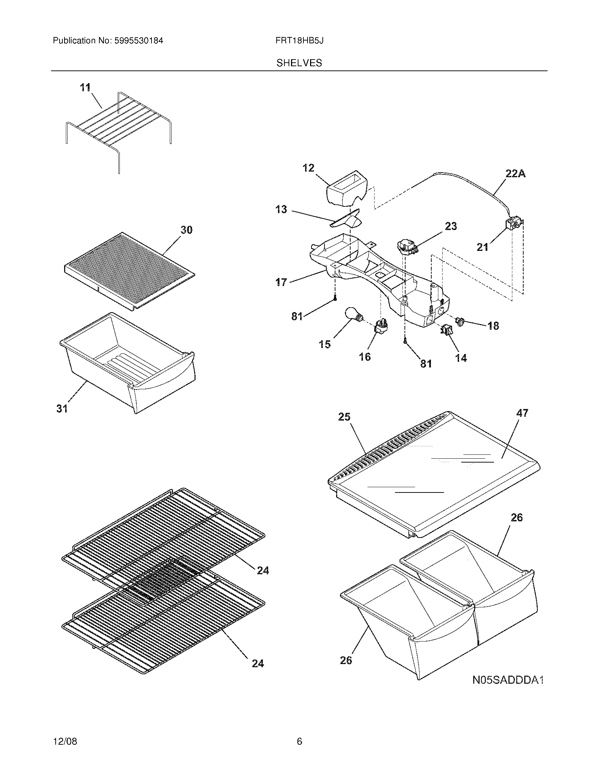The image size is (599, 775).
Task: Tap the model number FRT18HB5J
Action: tap(299, 41)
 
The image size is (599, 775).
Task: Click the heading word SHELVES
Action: tap(299, 63)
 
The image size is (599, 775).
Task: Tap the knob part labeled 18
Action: tap(461, 322)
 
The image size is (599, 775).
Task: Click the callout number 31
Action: tap(62, 409)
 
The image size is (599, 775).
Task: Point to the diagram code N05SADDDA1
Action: tap(508, 680)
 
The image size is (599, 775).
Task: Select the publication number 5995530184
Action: tap(138, 41)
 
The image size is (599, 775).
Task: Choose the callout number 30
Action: tap(186, 230)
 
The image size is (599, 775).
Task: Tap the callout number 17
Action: tap(281, 283)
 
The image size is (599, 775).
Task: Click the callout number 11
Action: tap(85, 87)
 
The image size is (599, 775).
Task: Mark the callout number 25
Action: tap(344, 417)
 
